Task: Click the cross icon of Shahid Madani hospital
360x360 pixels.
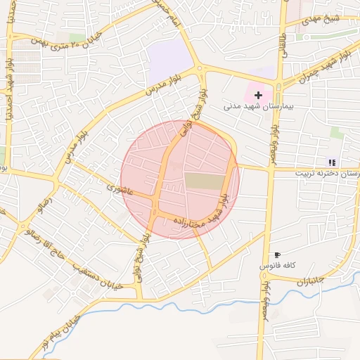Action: pos(258,95)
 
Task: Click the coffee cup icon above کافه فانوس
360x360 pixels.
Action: pos(277,255)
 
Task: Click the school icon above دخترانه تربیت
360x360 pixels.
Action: pos(332,162)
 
